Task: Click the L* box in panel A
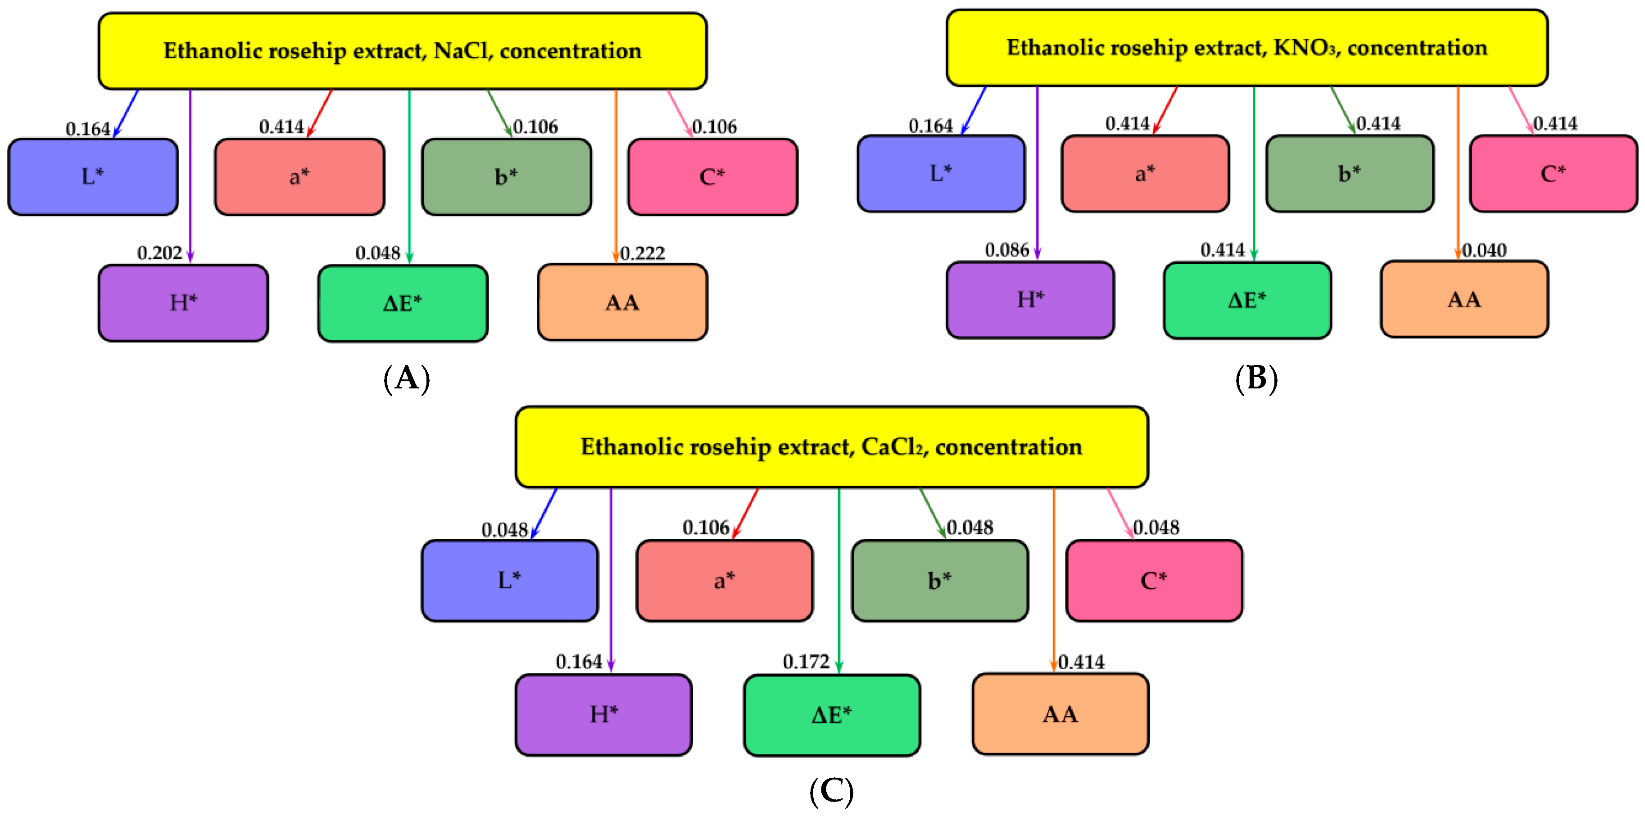pos(93,177)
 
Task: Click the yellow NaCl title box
pos(402,51)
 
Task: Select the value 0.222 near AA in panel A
pos(643,253)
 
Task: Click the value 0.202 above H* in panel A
pos(160,253)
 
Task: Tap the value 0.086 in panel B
pos(1006,250)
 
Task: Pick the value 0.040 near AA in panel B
pos(1484,250)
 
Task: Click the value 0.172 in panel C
pos(806,662)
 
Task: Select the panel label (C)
pos(831,791)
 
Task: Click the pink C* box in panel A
pos(713,177)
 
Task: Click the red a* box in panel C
pos(724,581)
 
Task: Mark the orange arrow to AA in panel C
pos(1054,575)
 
